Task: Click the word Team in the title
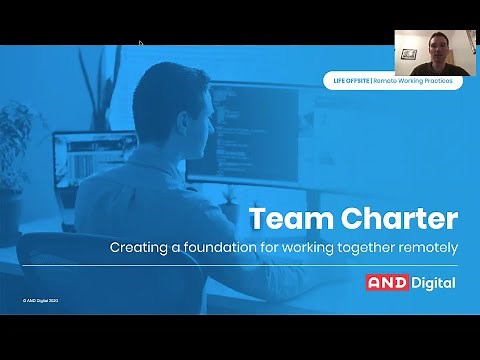282,218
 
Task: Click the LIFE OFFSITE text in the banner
350,79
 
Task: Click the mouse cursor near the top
140,43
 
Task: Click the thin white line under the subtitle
240,265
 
